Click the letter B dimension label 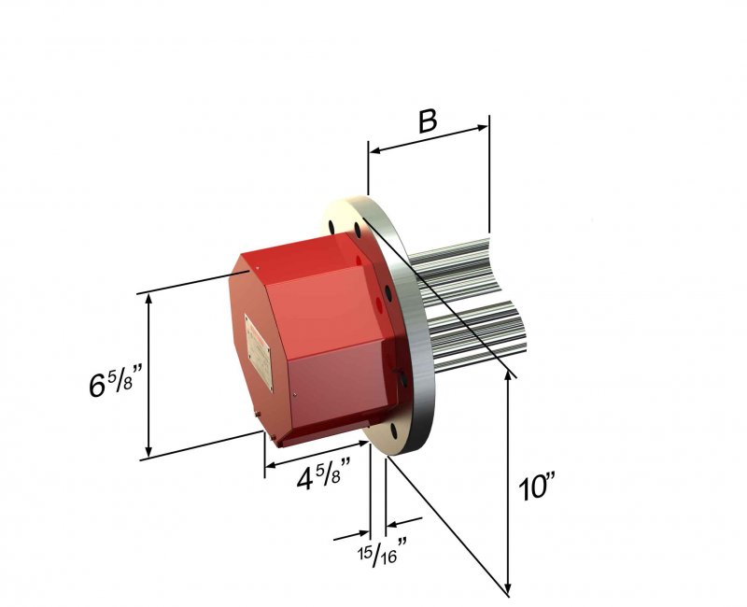click(428, 122)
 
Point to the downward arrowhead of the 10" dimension click(509, 589)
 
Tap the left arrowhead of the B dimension click(373, 148)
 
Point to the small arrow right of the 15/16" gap click(392, 522)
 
